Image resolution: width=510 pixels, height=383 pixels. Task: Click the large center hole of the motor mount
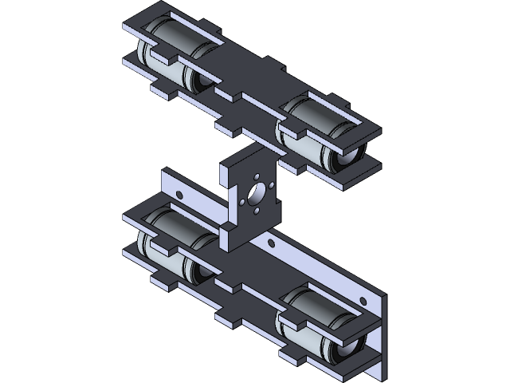(x=257, y=192)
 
